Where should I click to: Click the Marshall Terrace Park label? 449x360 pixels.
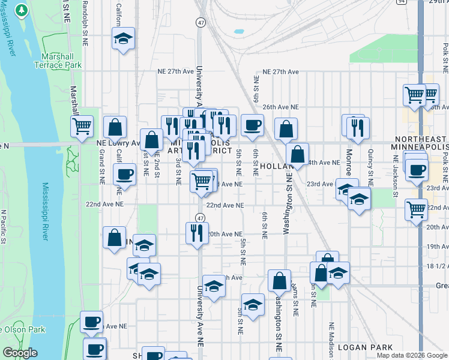click(58, 60)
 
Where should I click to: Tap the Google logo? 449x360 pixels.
click(20, 353)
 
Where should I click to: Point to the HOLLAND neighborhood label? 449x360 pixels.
click(274, 166)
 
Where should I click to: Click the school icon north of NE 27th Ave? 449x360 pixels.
click(122, 41)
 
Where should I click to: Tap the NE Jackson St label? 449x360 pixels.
click(395, 174)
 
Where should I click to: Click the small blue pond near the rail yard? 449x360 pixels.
click(239, 31)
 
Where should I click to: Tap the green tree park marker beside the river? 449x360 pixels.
click(21, 11)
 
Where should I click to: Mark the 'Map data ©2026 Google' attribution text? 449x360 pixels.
click(412, 355)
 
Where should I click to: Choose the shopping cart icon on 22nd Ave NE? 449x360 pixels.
click(415, 210)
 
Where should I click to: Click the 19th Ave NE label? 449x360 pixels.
click(438, 247)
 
